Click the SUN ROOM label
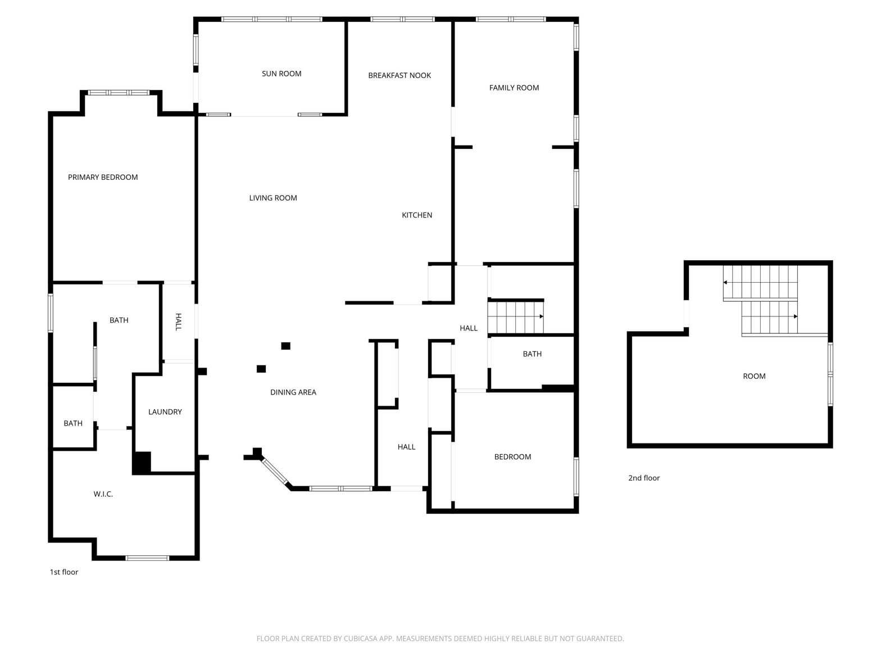point(281,74)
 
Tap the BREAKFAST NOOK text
point(399,75)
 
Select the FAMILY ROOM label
point(514,88)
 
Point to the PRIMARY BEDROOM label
point(103,178)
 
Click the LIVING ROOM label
point(273,198)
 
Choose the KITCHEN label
point(417,215)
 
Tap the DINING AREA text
point(293,392)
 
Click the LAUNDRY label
point(165,412)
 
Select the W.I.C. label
point(103,494)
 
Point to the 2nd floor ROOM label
point(754,376)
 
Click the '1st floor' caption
point(64,572)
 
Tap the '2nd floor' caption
point(644,478)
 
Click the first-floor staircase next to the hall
point(516,317)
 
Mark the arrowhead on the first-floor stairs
point(542,316)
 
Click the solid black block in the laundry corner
point(142,463)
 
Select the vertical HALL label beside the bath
point(179,322)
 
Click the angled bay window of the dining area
point(275,471)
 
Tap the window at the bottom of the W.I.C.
point(147,558)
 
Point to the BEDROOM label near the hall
point(512,457)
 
